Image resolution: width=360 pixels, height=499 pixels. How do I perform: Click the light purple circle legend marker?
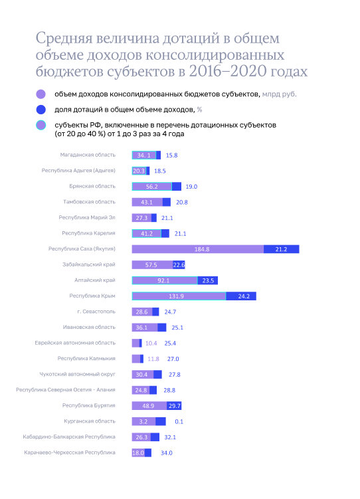coord(42,94)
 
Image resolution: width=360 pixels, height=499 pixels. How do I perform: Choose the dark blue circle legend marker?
coord(42,110)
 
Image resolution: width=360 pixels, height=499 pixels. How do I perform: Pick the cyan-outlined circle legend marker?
coord(42,125)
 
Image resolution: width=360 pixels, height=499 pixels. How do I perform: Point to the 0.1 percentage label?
coord(179,421)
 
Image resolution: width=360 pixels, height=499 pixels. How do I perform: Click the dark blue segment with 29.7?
coord(175,405)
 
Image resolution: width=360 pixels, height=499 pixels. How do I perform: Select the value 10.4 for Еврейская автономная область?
coord(151,343)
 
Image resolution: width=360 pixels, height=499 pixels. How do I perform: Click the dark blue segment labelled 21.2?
coord(280,249)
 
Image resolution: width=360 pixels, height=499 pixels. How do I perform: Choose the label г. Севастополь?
coord(97,312)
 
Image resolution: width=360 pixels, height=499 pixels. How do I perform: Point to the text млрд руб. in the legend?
coord(280,94)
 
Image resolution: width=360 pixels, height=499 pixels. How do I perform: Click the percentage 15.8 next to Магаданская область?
coord(171,155)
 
